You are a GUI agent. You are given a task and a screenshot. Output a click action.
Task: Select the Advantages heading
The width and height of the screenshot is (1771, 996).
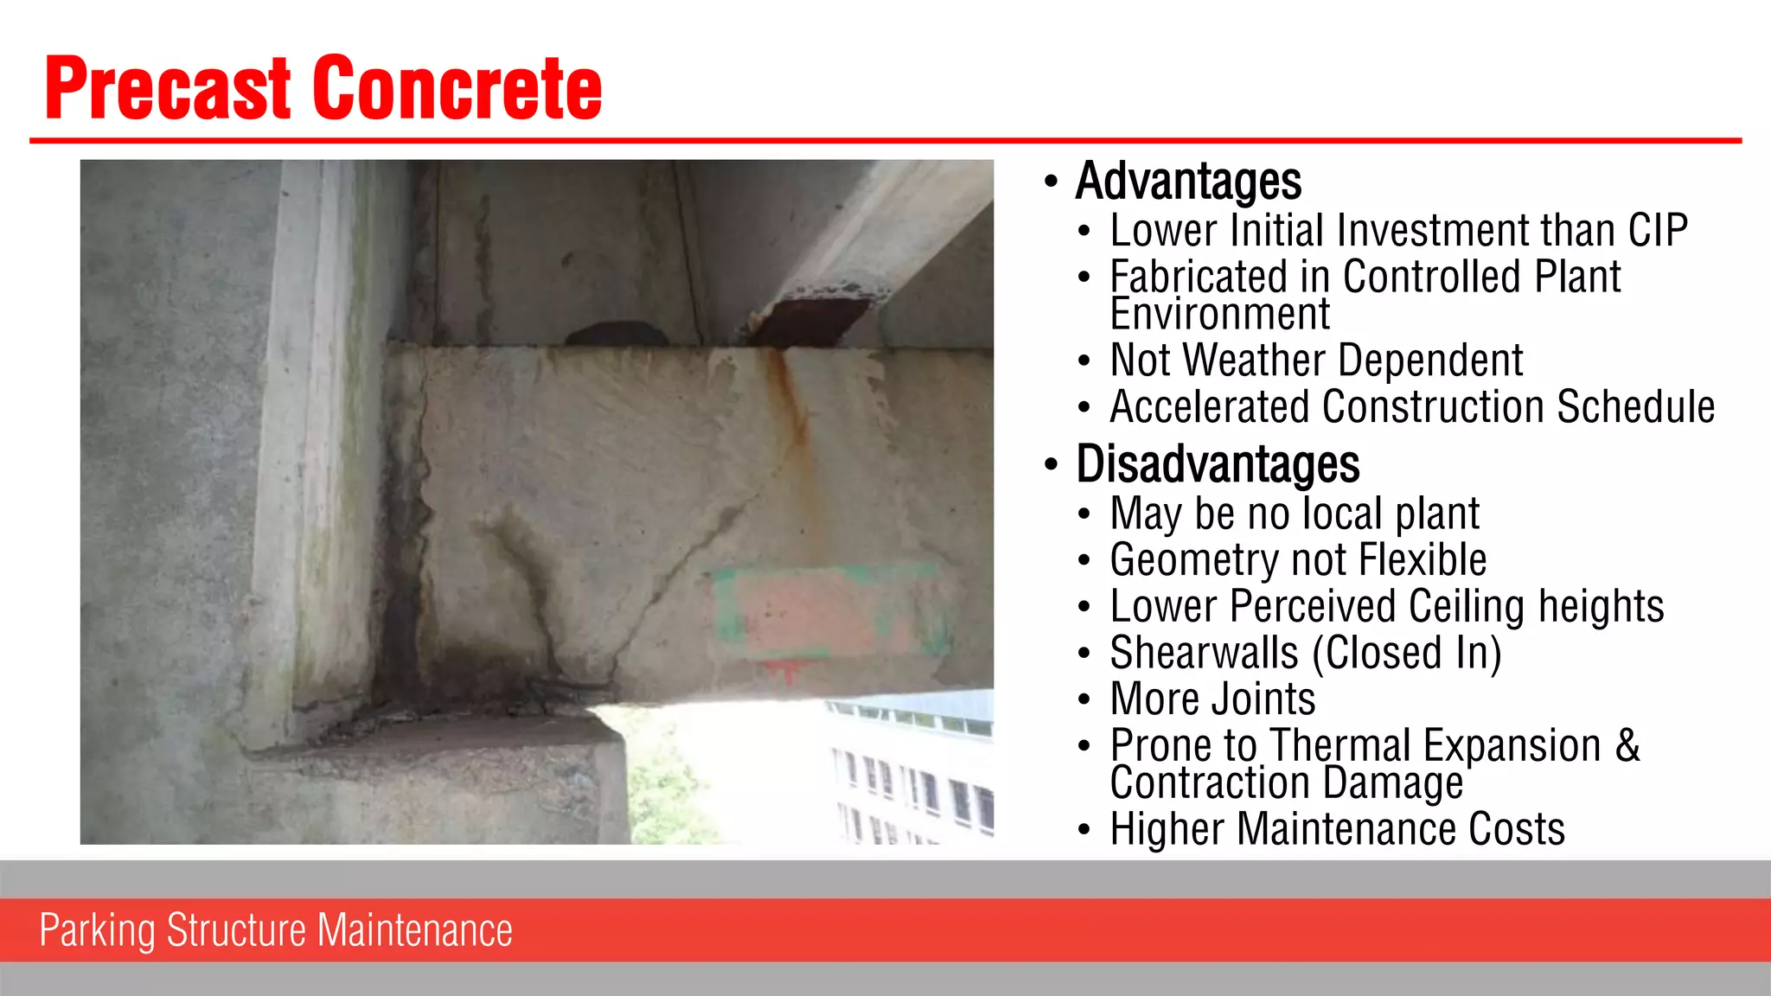coord(1188,182)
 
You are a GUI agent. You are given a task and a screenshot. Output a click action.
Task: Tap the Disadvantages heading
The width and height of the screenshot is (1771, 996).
coord(1218,464)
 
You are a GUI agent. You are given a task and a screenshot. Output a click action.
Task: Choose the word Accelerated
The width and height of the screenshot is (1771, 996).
coord(1210,407)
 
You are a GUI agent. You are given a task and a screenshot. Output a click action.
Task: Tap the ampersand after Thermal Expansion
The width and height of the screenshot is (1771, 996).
coord(1627,745)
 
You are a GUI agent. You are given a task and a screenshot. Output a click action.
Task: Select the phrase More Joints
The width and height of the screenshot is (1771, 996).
coord(1212,699)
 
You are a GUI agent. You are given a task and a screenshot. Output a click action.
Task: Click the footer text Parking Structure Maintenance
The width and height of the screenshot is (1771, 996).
coord(276,930)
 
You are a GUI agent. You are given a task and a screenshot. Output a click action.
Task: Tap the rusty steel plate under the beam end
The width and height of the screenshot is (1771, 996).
coord(809,320)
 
